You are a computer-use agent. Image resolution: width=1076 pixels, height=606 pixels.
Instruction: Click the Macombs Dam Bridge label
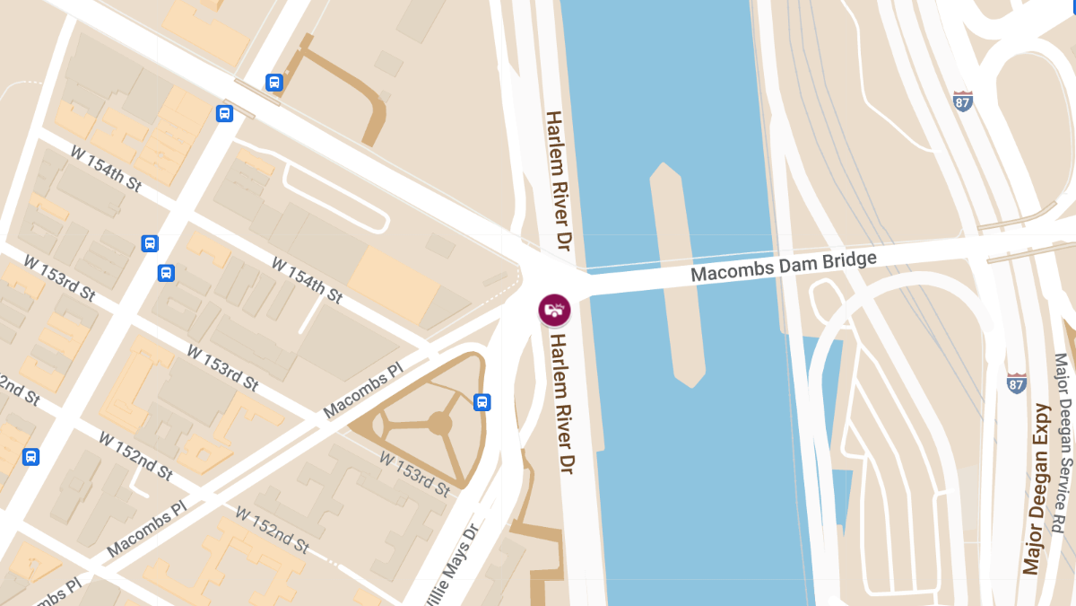click(x=783, y=267)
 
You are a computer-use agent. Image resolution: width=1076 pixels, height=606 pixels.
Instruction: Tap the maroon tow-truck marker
click(x=554, y=310)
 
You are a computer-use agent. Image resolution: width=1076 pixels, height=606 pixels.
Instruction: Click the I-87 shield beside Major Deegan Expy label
click(x=1017, y=383)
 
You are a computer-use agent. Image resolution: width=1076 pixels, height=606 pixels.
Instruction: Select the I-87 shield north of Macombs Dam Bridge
click(x=963, y=101)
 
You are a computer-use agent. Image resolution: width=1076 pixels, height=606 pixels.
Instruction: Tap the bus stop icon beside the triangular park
click(x=482, y=401)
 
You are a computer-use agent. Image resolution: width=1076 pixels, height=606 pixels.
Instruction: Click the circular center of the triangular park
click(x=439, y=423)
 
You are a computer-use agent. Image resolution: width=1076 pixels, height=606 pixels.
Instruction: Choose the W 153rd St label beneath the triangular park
click(x=413, y=474)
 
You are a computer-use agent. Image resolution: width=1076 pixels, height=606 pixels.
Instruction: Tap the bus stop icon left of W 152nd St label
click(x=31, y=457)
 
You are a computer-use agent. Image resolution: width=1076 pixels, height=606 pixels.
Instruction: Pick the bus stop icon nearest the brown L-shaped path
click(x=274, y=83)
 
